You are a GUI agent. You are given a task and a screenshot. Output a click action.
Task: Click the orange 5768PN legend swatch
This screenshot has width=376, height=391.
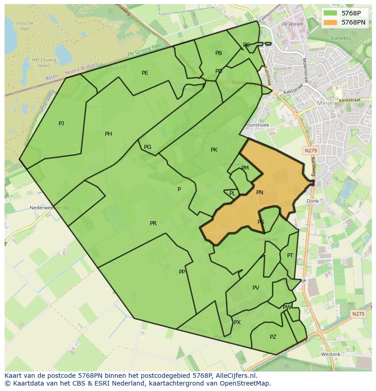[331, 22]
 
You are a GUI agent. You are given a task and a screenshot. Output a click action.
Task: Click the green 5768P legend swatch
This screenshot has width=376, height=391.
[331, 13]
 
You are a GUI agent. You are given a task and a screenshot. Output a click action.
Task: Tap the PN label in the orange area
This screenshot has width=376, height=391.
[260, 193]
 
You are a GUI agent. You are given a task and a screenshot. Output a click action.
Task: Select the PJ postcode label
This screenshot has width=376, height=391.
[61, 123]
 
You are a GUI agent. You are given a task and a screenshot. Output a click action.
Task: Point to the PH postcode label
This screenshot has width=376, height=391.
[109, 134]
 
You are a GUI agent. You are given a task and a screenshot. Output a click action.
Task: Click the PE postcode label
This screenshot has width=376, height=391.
[145, 73]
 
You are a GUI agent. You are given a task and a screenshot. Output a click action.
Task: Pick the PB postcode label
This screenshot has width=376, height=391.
[219, 53]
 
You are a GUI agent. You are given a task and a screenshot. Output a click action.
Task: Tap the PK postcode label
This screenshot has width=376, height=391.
[214, 150]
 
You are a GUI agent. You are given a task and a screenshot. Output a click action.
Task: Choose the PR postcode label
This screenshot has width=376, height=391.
[153, 223]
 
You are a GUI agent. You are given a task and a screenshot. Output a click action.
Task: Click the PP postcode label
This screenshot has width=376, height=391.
[182, 272]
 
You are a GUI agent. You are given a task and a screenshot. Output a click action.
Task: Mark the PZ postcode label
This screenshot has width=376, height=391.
[273, 337]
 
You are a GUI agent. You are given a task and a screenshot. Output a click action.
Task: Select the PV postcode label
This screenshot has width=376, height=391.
[256, 288]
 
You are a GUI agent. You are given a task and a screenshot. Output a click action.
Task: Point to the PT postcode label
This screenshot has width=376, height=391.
[290, 256]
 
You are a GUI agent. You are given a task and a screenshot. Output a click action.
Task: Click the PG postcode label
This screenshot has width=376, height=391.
[148, 147]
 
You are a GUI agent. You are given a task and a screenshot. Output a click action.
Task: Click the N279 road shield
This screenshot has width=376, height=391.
[311, 150]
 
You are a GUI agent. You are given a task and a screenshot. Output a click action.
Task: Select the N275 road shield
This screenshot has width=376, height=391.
[358, 313]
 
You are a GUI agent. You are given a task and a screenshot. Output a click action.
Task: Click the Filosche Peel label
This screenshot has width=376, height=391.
[25, 25]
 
